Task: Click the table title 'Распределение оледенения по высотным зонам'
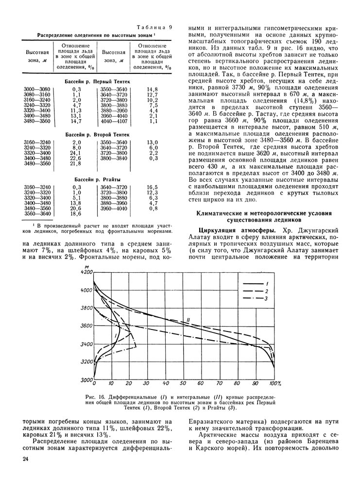(97, 35)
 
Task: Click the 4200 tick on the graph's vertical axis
(86, 273)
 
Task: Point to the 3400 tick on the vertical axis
(86, 345)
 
